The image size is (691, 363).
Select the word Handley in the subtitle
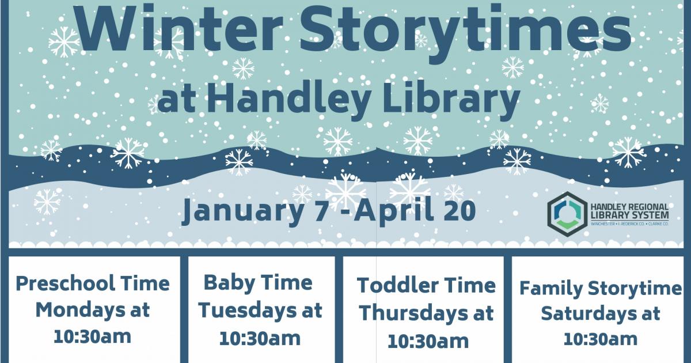point(289,99)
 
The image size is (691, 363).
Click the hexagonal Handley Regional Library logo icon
point(567,214)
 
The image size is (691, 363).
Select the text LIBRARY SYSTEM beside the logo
point(629,214)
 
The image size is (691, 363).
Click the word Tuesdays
point(247,310)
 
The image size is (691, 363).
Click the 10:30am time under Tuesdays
point(260,339)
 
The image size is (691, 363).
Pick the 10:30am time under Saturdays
point(600,339)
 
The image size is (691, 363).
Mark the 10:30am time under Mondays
point(92,336)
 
